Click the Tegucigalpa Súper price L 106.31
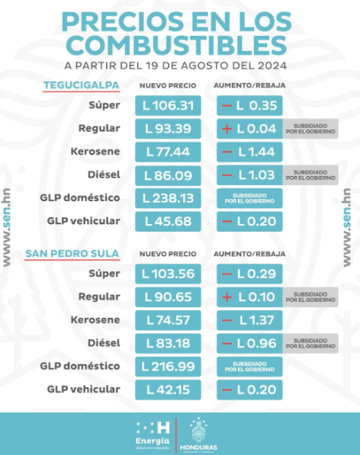point(169,105)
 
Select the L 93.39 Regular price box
point(169,129)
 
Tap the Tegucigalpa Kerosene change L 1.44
point(249,152)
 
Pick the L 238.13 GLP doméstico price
point(169,198)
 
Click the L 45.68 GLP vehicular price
point(169,222)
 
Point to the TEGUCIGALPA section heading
point(74,85)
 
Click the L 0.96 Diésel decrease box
point(249,343)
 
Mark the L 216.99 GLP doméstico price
point(169,367)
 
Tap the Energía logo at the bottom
point(152,434)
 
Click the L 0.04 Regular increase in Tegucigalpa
point(249,129)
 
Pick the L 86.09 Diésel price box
point(169,175)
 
